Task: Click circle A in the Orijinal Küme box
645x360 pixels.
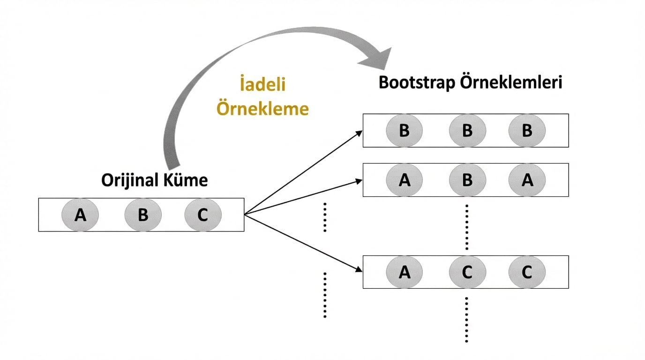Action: [80, 215]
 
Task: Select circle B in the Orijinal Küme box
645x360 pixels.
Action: [143, 215]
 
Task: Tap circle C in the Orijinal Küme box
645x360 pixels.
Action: [202, 215]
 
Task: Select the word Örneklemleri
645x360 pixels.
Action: [515, 82]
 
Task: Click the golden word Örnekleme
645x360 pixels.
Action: [262, 109]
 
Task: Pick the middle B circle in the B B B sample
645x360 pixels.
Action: [467, 131]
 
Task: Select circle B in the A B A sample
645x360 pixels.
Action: [467, 180]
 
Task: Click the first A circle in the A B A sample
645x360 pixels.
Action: [405, 180]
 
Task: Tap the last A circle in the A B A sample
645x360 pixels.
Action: [527, 180]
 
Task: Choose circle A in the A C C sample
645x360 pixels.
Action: [405, 272]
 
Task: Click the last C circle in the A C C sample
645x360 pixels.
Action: [527, 272]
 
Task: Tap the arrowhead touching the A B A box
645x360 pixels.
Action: [359, 181]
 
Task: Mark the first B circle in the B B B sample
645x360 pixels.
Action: [405, 131]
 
